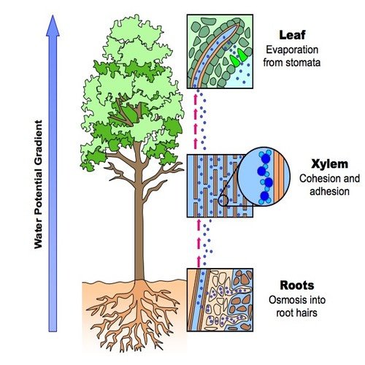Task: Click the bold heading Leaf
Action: click(292, 35)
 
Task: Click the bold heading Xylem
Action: click(330, 164)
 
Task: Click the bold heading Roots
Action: click(297, 285)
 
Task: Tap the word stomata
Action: click(303, 63)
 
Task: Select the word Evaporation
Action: click(292, 50)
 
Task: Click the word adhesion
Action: click(329, 191)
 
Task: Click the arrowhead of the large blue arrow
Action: click(53, 26)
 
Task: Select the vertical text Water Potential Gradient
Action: click(38, 184)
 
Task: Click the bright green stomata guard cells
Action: click(239, 58)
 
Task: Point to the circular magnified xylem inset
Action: click(264, 177)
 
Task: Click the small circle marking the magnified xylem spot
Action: click(223, 201)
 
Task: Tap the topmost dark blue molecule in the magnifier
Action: click(266, 158)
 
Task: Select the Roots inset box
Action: click(220, 300)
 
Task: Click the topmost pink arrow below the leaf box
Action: click(195, 99)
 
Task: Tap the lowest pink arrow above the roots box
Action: click(199, 261)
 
